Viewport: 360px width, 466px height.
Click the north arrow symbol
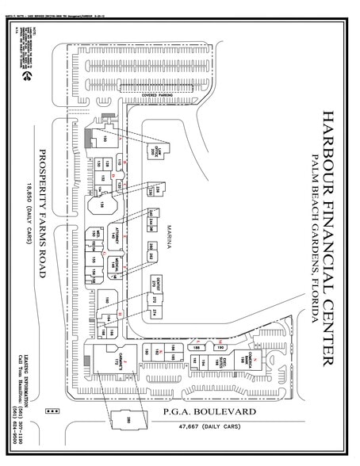(x=29, y=78)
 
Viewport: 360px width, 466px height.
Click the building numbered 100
(x=104, y=141)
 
